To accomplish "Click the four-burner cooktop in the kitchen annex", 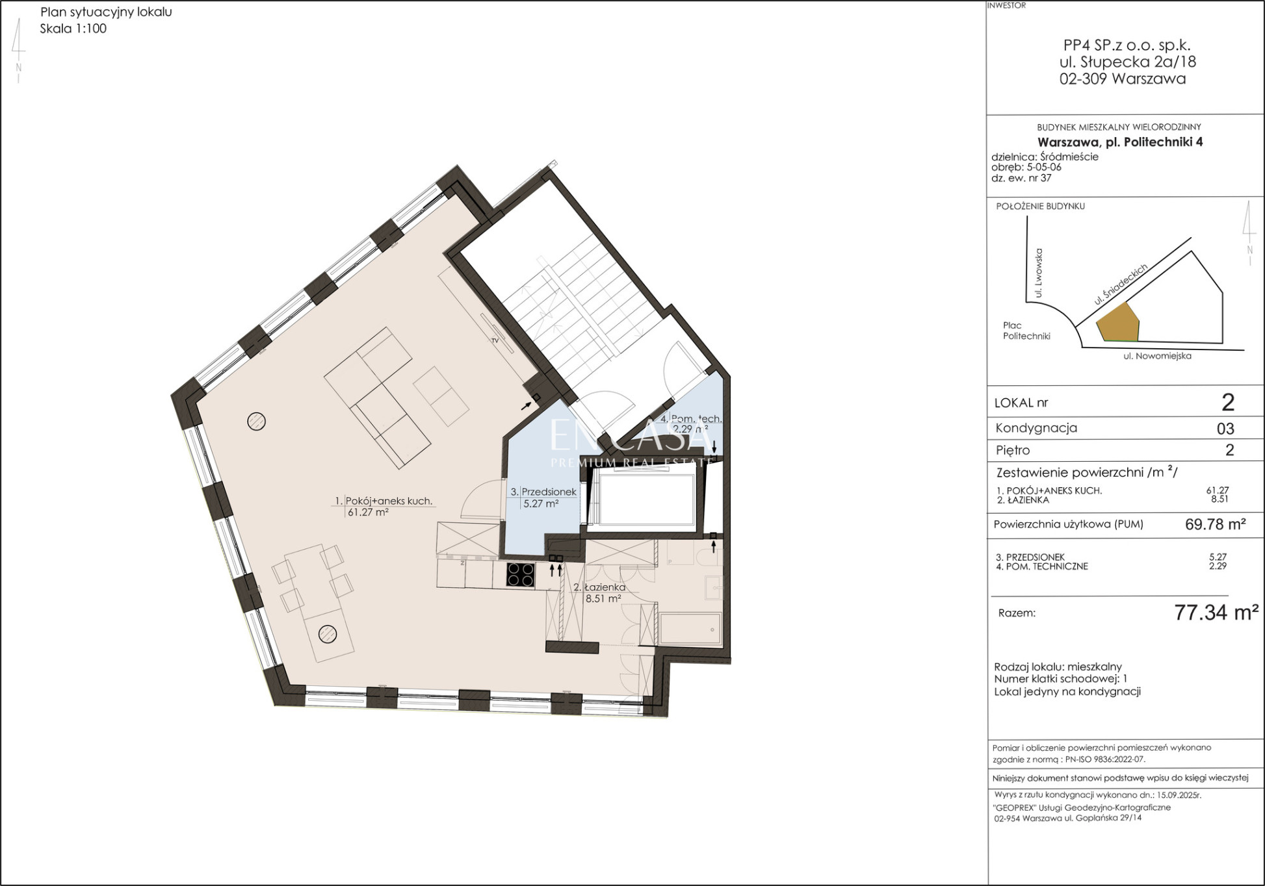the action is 521,575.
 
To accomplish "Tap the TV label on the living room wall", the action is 495,340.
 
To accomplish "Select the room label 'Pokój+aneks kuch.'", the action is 389,501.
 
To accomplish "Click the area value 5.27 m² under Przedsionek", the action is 541,503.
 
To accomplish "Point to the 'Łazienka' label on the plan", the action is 599,587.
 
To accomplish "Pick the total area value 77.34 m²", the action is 1216,612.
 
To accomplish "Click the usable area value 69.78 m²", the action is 1215,524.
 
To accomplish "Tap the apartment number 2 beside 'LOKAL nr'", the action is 1228,403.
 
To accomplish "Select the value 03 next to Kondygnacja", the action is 1225,429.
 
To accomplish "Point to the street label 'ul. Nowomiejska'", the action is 1157,356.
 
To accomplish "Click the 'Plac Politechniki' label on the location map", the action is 1026,331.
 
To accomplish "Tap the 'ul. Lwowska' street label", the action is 1038,273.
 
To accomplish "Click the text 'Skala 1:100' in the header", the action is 73,29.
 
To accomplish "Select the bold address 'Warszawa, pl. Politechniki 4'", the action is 1120,142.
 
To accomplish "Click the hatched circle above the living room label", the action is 257,422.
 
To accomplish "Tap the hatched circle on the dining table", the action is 328,633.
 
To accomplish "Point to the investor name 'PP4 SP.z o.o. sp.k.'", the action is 1127,45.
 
